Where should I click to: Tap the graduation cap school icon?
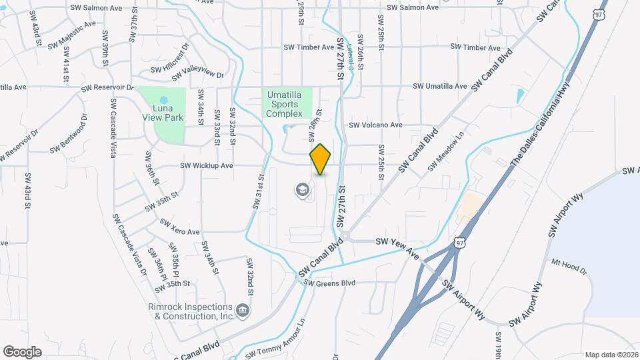click(x=302, y=191)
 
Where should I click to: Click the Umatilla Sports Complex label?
click(x=289, y=105)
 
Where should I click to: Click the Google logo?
click(x=22, y=351)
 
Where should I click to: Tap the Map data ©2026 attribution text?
click(x=611, y=355)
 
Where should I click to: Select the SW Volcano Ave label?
click(x=376, y=125)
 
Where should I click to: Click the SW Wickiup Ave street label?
click(x=206, y=165)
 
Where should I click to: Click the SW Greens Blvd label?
click(x=330, y=282)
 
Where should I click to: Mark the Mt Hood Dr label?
click(x=568, y=266)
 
